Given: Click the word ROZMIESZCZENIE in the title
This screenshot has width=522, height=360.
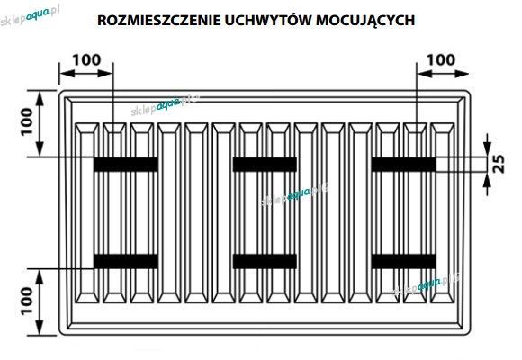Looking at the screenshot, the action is tap(159, 21).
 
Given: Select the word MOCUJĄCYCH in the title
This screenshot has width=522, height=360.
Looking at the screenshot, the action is tap(365, 21).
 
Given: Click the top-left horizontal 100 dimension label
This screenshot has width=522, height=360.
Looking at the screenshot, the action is tap(86, 60).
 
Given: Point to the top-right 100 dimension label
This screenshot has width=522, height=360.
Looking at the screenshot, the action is tap(441, 60).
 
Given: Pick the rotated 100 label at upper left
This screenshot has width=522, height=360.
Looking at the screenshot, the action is tap(27, 121).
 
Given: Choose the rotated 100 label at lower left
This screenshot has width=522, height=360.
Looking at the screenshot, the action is tap(27, 301).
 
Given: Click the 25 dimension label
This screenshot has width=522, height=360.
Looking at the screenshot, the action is tap(499, 164).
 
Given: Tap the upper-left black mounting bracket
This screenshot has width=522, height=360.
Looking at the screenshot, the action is tap(126, 165).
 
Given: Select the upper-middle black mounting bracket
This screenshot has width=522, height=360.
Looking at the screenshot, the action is tap(265, 165).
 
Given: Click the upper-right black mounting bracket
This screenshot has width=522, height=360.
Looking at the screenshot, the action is tap(403, 165).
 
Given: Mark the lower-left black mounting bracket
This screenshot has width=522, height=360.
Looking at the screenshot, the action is tap(126, 261).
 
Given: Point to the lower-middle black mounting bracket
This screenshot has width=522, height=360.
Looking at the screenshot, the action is tap(265, 261).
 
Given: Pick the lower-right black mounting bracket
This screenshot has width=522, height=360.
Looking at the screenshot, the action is tap(403, 261).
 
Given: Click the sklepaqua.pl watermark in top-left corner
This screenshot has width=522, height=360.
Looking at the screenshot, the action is tap(30, 16).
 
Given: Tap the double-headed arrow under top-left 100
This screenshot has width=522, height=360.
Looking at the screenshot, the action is tap(86, 74).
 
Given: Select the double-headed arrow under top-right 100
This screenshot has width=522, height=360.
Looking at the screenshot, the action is tap(443, 74).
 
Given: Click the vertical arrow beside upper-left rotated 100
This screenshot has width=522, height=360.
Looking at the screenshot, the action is tap(40, 123).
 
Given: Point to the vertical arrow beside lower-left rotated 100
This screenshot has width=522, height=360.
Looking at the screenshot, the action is tap(40, 301).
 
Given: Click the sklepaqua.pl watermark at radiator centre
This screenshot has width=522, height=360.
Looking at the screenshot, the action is tap(295, 193).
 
